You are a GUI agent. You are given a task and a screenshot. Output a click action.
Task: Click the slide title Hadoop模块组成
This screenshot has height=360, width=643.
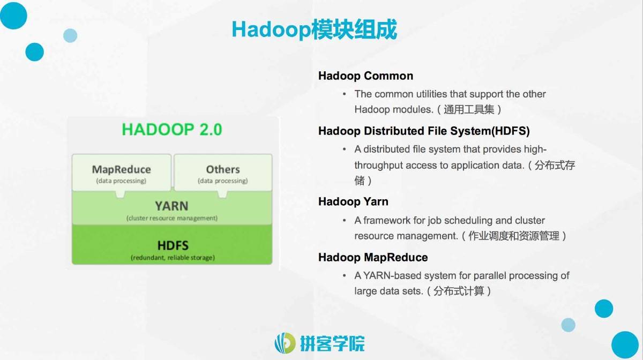(x=315, y=30)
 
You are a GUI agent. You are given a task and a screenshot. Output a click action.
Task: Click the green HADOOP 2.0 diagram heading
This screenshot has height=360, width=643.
(x=172, y=129)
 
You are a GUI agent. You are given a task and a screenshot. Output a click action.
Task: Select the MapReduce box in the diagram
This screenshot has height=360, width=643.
(x=122, y=172)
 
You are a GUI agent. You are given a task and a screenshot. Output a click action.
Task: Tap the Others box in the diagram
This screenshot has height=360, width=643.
(x=223, y=172)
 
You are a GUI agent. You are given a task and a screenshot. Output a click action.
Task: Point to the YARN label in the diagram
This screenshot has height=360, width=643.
(x=171, y=206)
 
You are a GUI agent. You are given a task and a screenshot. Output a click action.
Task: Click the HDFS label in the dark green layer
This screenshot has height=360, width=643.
(x=173, y=245)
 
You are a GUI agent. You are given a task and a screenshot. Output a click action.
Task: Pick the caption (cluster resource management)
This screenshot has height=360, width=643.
(x=172, y=218)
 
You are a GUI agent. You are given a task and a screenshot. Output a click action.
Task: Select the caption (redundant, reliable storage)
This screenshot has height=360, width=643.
(x=173, y=258)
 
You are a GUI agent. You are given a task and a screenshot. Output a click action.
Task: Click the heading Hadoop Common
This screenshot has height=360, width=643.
(x=365, y=76)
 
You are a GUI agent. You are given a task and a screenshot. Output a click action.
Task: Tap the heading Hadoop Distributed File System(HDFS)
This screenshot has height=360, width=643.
(x=424, y=131)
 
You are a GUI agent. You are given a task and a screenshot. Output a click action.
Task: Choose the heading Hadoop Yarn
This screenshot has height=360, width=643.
(x=353, y=201)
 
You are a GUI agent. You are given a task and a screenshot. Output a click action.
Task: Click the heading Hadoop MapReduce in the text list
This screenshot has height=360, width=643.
(x=373, y=257)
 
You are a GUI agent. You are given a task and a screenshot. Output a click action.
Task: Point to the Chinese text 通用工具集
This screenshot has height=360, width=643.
(x=469, y=109)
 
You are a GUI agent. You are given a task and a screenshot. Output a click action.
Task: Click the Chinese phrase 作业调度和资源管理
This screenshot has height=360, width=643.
(x=514, y=236)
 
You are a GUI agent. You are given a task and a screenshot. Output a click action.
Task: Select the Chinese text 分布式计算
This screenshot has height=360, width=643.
(x=459, y=291)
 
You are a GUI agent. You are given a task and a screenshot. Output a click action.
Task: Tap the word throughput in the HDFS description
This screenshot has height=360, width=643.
(x=379, y=166)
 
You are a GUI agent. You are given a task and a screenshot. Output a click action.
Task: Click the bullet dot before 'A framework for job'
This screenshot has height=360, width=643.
(x=344, y=221)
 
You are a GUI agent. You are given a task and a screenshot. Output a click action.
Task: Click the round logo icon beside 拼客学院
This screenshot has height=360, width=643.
(x=285, y=343)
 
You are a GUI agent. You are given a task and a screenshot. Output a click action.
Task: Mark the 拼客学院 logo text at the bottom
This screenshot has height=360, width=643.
(x=332, y=343)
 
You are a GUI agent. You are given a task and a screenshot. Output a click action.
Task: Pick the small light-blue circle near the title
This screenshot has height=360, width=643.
(x=70, y=35)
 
